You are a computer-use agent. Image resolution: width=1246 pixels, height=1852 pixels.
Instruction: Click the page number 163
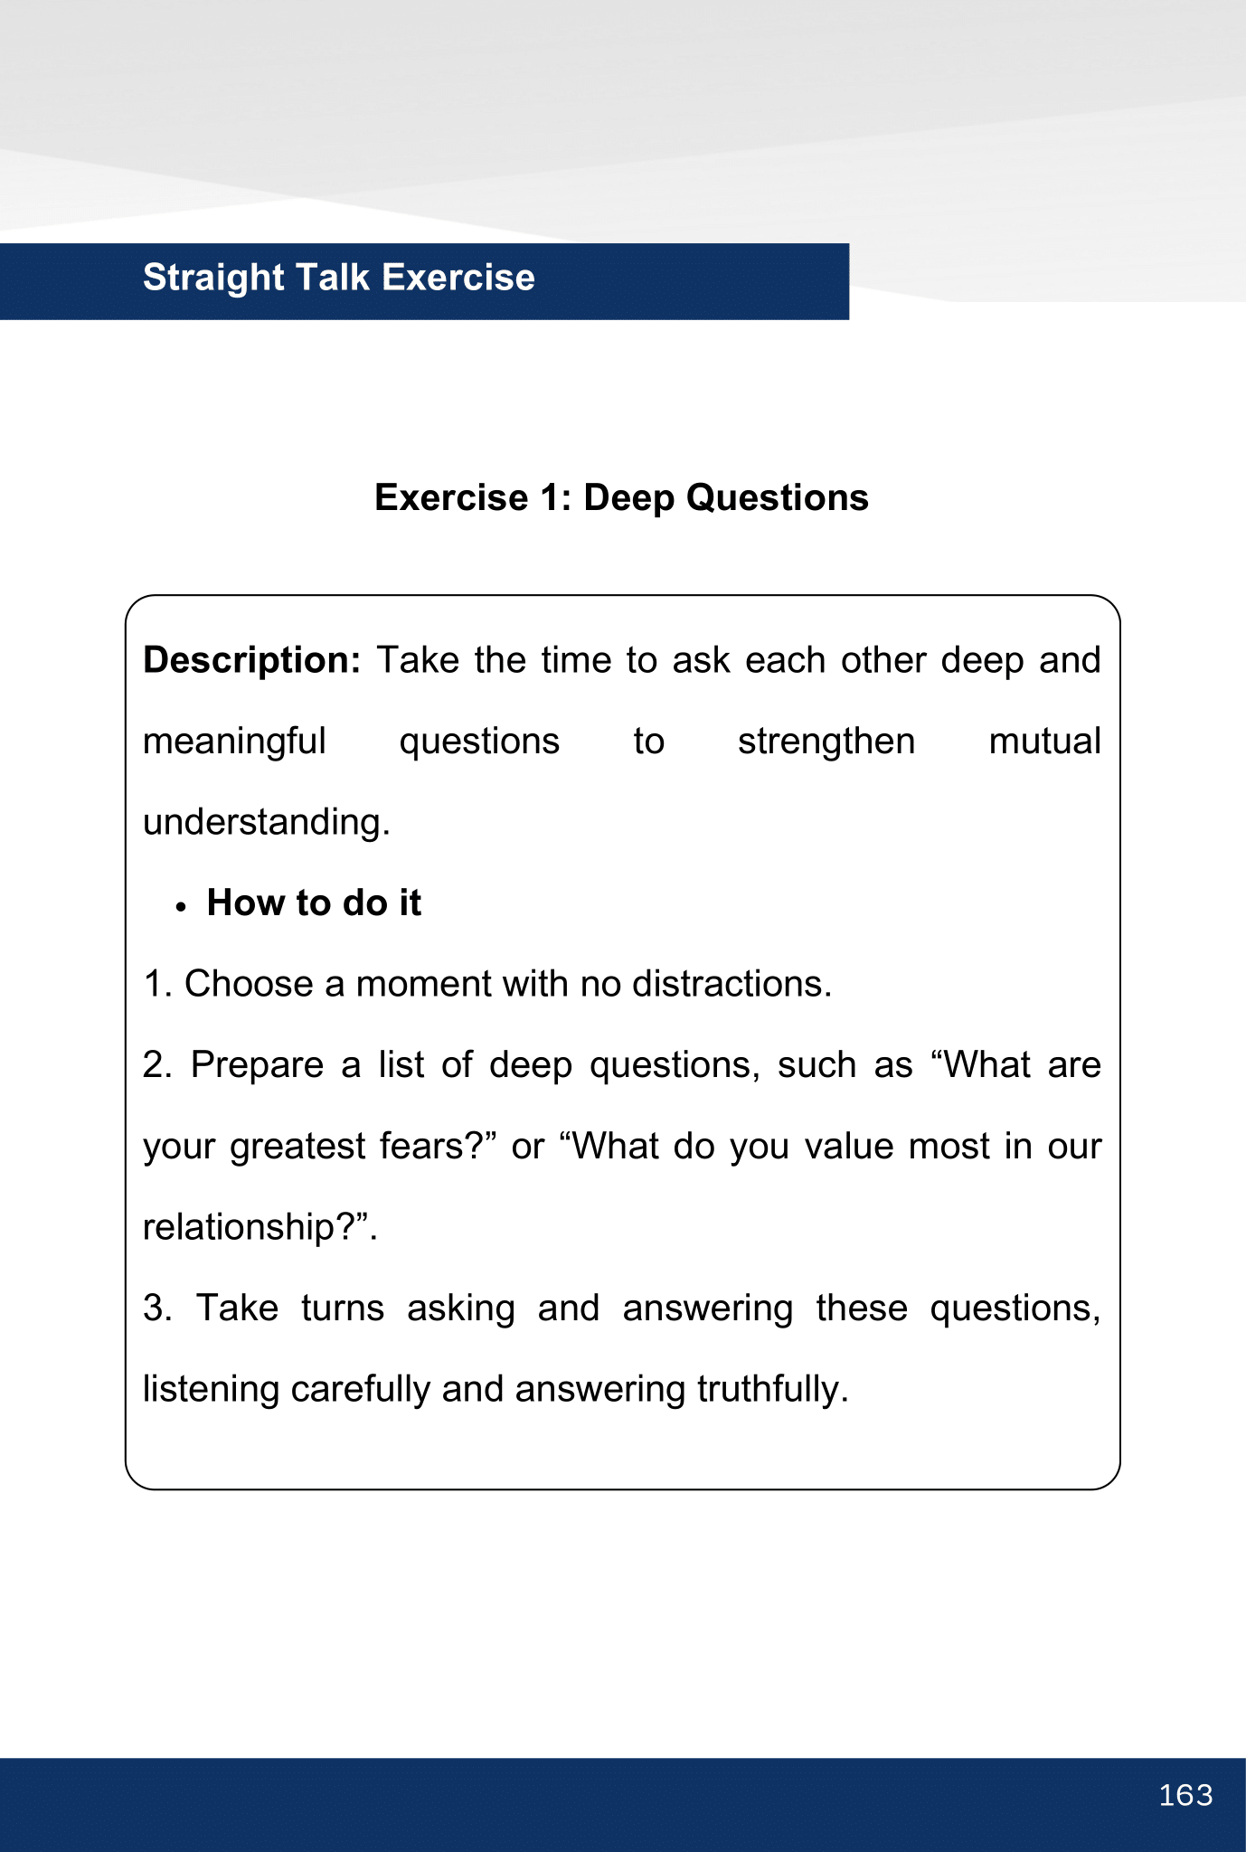click(x=1185, y=1795)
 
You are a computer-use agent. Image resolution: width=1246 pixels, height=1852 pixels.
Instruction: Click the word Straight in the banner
click(x=213, y=278)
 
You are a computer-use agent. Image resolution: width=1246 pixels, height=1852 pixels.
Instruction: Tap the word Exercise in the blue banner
click(x=458, y=278)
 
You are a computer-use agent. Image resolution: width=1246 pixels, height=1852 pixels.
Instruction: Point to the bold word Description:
click(x=252, y=661)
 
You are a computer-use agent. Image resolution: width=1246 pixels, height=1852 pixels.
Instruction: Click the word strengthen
click(x=826, y=742)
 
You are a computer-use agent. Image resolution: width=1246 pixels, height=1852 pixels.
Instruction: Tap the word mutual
click(x=1044, y=742)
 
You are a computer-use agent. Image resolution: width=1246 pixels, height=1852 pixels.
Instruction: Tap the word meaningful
click(x=234, y=742)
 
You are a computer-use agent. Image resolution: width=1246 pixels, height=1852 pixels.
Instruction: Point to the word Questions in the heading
click(x=777, y=498)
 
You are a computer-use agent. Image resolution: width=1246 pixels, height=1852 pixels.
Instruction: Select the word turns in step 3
click(x=343, y=1309)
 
